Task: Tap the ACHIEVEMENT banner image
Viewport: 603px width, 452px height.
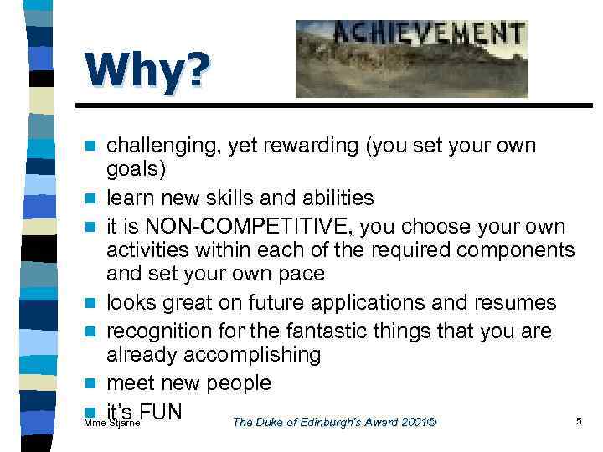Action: [x=411, y=59]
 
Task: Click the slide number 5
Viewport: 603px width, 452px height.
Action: [x=579, y=421]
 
